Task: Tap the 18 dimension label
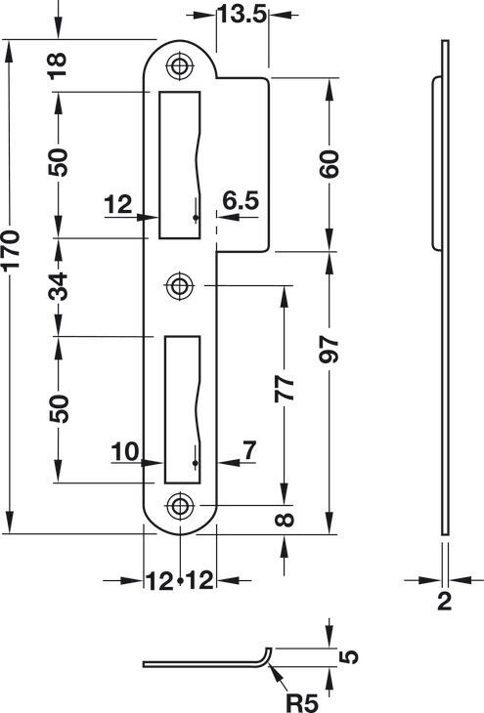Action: (x=58, y=65)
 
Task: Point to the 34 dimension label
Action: (x=58, y=286)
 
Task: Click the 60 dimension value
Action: (x=329, y=163)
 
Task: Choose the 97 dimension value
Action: (x=329, y=350)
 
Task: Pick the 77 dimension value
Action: (x=285, y=389)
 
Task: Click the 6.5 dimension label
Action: (x=241, y=201)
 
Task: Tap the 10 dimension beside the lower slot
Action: (x=124, y=452)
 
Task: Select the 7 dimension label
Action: (x=249, y=450)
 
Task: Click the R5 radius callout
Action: (x=302, y=702)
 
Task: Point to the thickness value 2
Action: (x=444, y=601)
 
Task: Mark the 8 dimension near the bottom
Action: (x=286, y=520)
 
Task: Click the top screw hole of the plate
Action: (x=180, y=66)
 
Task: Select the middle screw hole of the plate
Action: (x=180, y=286)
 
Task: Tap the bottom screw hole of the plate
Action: (x=180, y=506)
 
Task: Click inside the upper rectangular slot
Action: (x=179, y=165)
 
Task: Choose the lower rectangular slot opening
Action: (x=182, y=409)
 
